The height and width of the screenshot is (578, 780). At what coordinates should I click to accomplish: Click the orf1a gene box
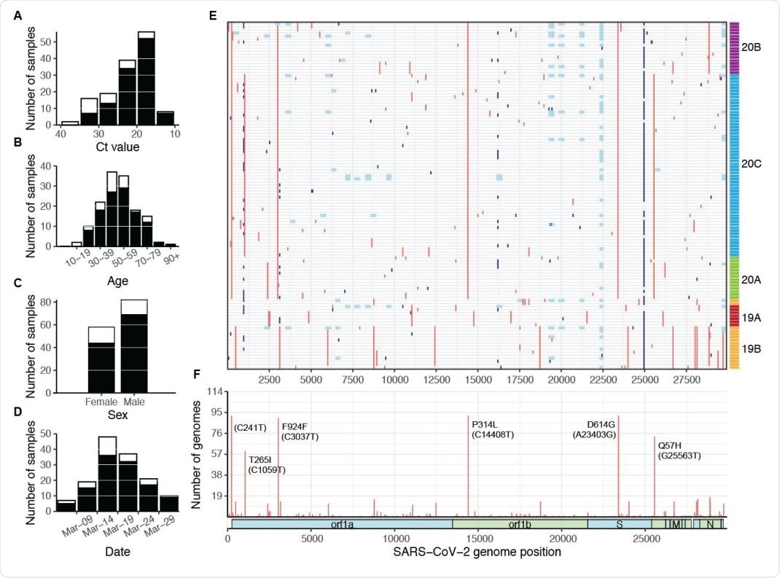341,523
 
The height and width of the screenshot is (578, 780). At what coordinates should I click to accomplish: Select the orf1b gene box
520,523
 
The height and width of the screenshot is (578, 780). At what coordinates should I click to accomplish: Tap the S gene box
619,523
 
